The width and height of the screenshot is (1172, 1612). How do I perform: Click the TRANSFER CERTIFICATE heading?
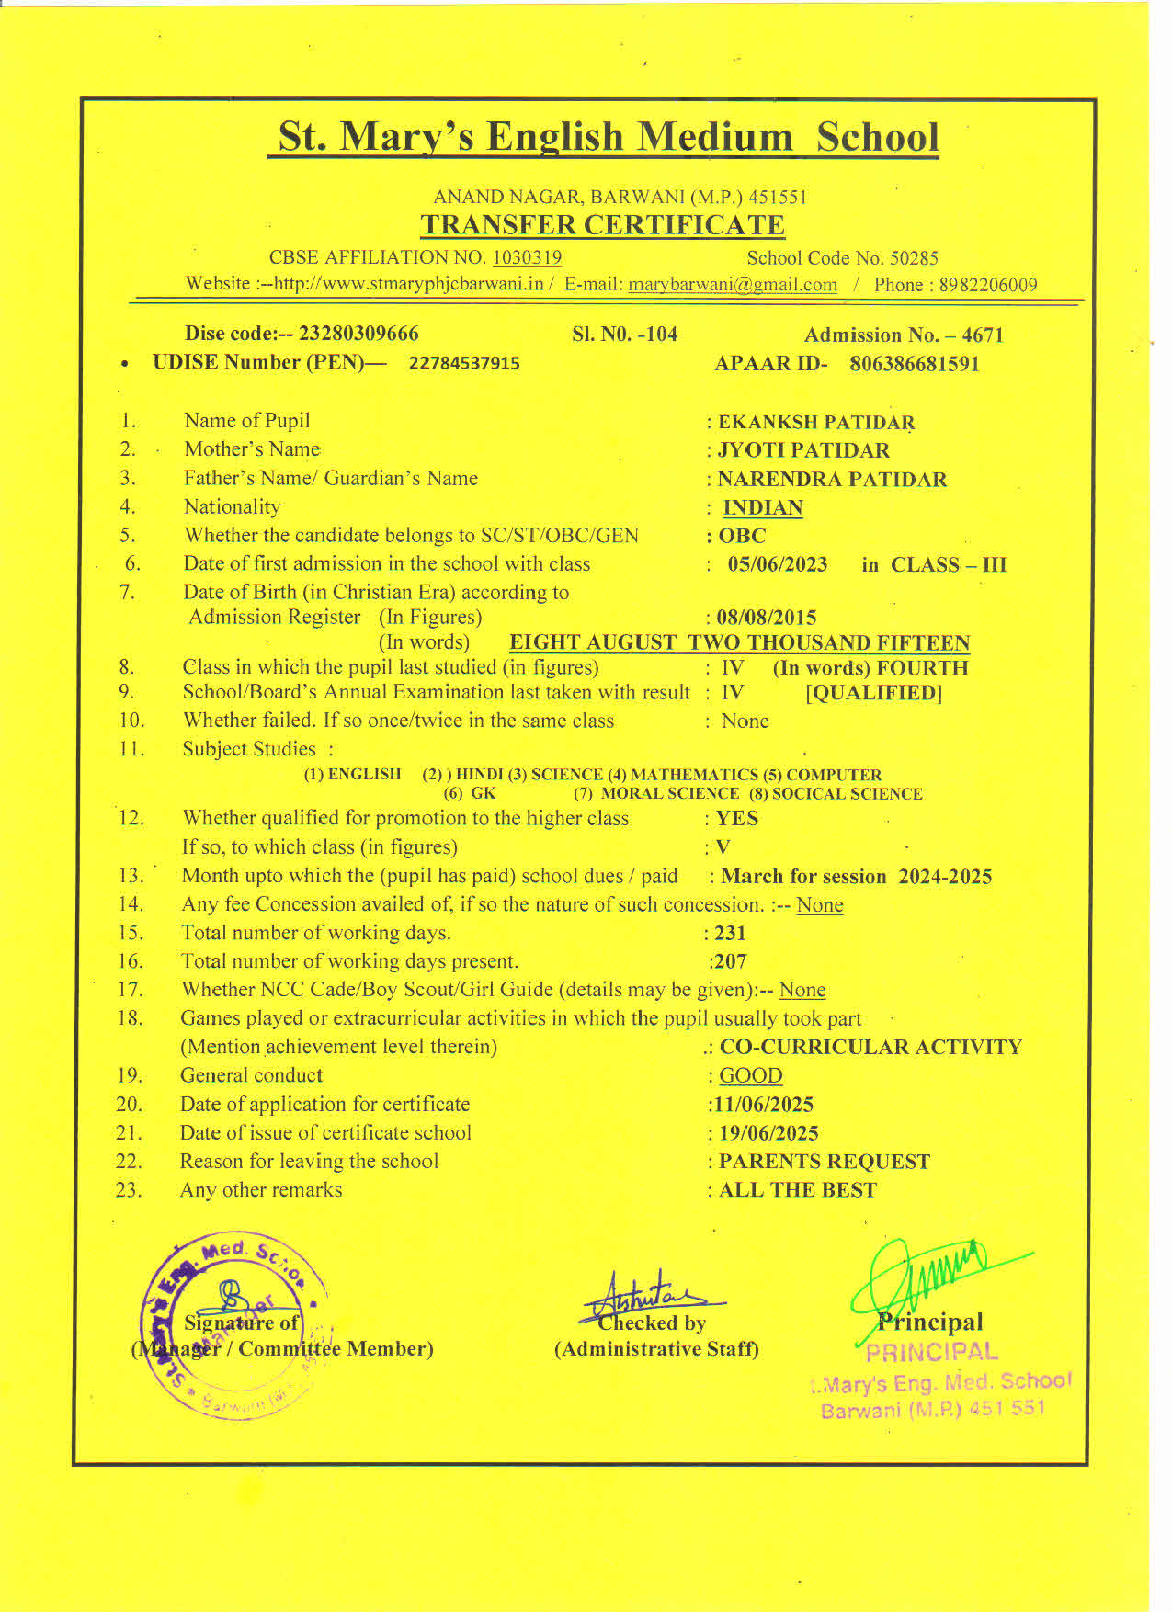602,225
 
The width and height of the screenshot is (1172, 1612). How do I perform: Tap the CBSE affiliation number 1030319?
527,258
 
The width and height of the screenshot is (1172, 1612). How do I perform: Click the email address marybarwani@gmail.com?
733,285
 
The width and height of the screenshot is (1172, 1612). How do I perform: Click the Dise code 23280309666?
358,334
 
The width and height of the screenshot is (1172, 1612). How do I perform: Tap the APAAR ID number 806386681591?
915,364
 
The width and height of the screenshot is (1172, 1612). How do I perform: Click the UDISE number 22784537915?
464,364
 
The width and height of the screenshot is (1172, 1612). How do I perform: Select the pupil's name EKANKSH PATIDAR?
816,423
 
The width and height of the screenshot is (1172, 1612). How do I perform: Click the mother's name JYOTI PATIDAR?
803,451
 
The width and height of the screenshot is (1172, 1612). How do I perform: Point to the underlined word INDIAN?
763,508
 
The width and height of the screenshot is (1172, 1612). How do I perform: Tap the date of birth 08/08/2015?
767,618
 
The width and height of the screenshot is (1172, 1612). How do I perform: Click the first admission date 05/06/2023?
778,564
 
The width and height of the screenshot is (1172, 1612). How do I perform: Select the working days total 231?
730,933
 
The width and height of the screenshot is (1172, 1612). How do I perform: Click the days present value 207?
730,962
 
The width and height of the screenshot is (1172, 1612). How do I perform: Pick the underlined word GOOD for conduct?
751,1076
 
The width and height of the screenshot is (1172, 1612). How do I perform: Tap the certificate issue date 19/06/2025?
768,1133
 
